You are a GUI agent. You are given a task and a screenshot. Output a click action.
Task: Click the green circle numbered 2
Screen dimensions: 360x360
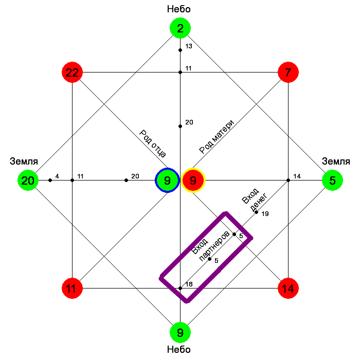point(180,29)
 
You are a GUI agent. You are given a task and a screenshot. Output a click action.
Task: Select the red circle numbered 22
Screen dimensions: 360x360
point(72,73)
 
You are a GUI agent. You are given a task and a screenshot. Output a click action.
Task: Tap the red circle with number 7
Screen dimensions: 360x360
point(288,73)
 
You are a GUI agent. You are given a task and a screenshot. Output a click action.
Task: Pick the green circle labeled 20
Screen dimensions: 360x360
point(28,181)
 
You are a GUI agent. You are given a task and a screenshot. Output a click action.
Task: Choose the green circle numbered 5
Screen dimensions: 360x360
point(332,181)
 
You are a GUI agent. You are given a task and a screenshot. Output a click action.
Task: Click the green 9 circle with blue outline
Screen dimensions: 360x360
point(167,181)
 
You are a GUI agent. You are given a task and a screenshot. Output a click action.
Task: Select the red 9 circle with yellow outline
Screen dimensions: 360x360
point(193,181)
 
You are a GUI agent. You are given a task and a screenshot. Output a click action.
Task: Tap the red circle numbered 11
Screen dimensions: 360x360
point(72,289)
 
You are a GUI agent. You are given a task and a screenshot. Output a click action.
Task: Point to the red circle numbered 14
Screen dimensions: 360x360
point(288,289)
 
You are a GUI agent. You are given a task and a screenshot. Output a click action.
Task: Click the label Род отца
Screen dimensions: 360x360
point(152,142)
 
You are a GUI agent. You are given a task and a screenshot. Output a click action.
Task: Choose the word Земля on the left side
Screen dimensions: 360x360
point(24,161)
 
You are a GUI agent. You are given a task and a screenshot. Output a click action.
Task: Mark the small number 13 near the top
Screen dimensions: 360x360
point(189,46)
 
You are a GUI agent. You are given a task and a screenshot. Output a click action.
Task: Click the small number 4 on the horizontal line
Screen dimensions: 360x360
point(57,176)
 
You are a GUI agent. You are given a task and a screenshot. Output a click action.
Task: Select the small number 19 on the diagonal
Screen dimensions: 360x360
point(265,213)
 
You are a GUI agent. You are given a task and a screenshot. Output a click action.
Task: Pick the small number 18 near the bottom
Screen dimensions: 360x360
point(189,284)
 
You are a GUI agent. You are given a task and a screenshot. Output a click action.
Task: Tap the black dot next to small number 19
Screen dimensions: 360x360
point(257,212)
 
